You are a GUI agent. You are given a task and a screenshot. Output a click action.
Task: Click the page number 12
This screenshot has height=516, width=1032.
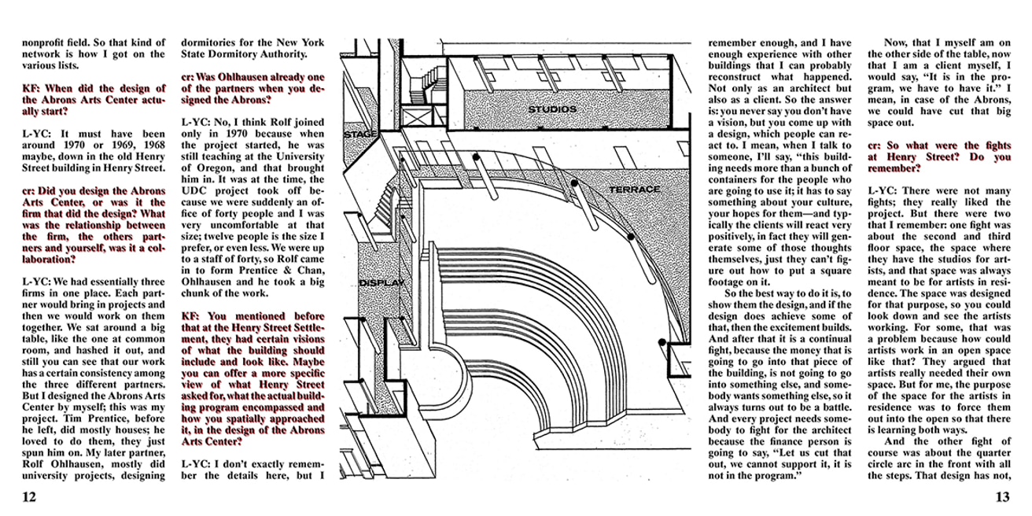click(29, 496)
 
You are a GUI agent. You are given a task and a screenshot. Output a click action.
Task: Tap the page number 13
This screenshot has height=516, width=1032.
click(1002, 496)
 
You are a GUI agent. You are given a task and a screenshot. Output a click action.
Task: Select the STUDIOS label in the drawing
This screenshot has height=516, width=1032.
click(551, 109)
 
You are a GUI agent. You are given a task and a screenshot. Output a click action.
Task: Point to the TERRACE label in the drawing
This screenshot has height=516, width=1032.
click(634, 190)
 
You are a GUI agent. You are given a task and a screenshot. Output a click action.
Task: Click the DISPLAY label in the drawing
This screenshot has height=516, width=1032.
click(381, 282)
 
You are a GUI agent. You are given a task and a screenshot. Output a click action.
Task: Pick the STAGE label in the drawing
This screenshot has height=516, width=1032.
click(361, 135)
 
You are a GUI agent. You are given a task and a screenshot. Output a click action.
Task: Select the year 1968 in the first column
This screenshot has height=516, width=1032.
click(149, 146)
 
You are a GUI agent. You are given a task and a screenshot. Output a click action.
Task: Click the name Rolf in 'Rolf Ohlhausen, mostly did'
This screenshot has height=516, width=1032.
click(35, 463)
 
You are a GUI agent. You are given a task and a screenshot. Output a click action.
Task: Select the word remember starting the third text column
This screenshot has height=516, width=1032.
click(738, 42)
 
